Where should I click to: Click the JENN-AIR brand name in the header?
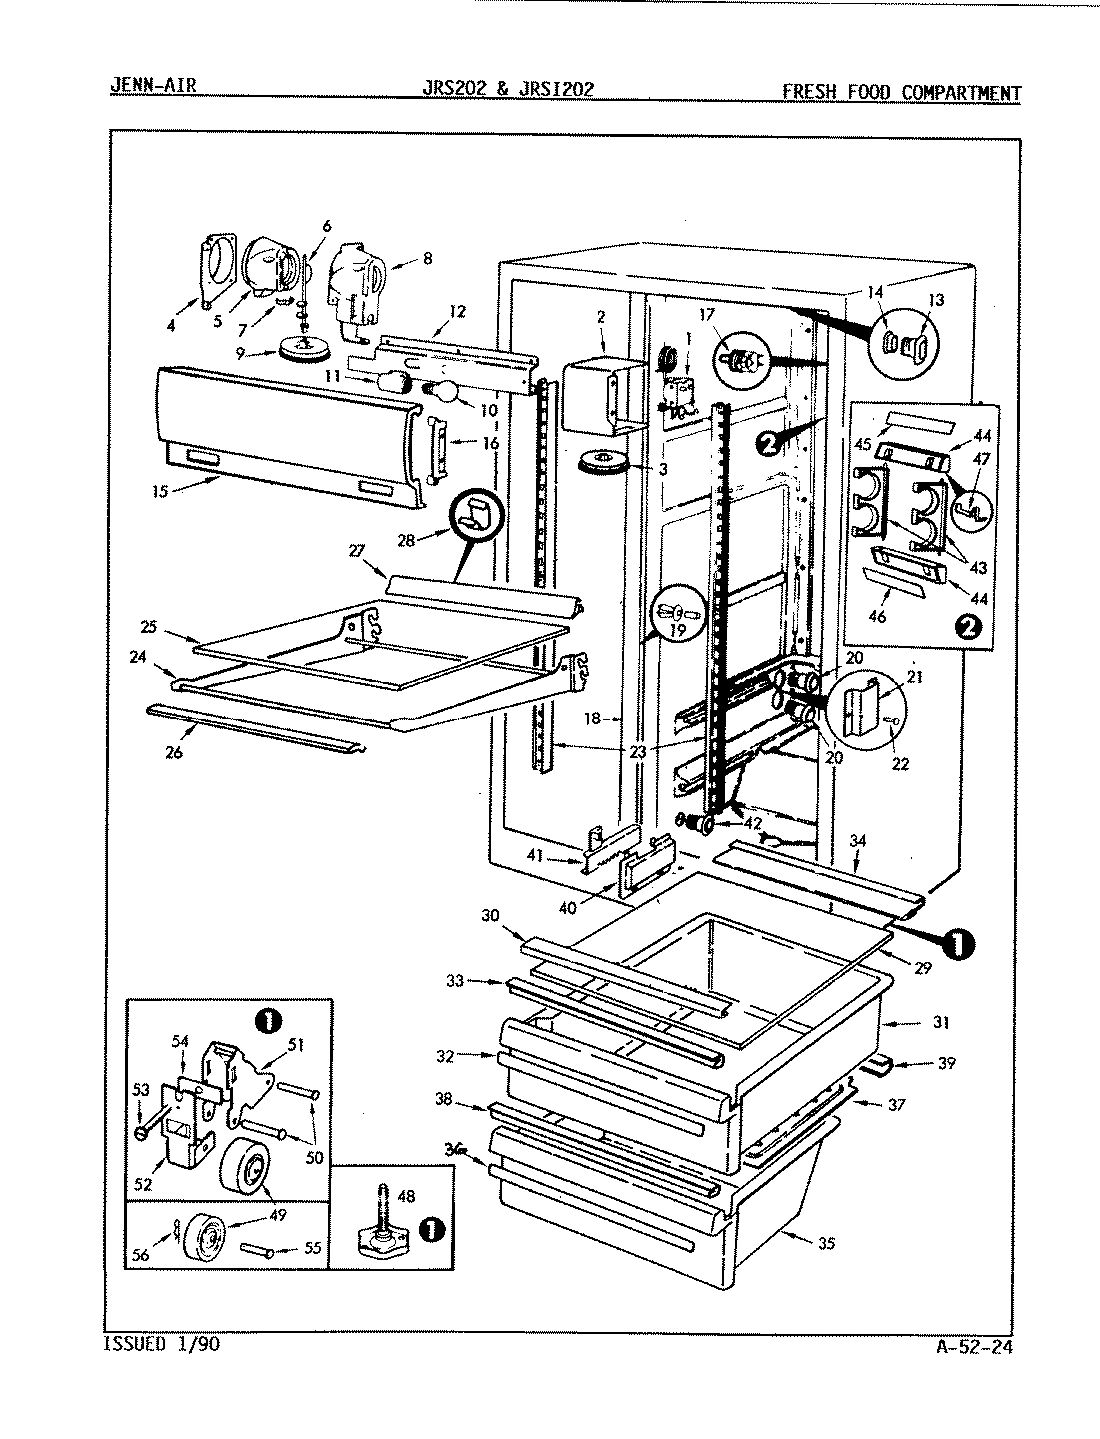152,85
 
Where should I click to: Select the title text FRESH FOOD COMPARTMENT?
901,93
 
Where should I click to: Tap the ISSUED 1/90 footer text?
160,1344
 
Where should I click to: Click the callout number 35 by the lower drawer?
825,1244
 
